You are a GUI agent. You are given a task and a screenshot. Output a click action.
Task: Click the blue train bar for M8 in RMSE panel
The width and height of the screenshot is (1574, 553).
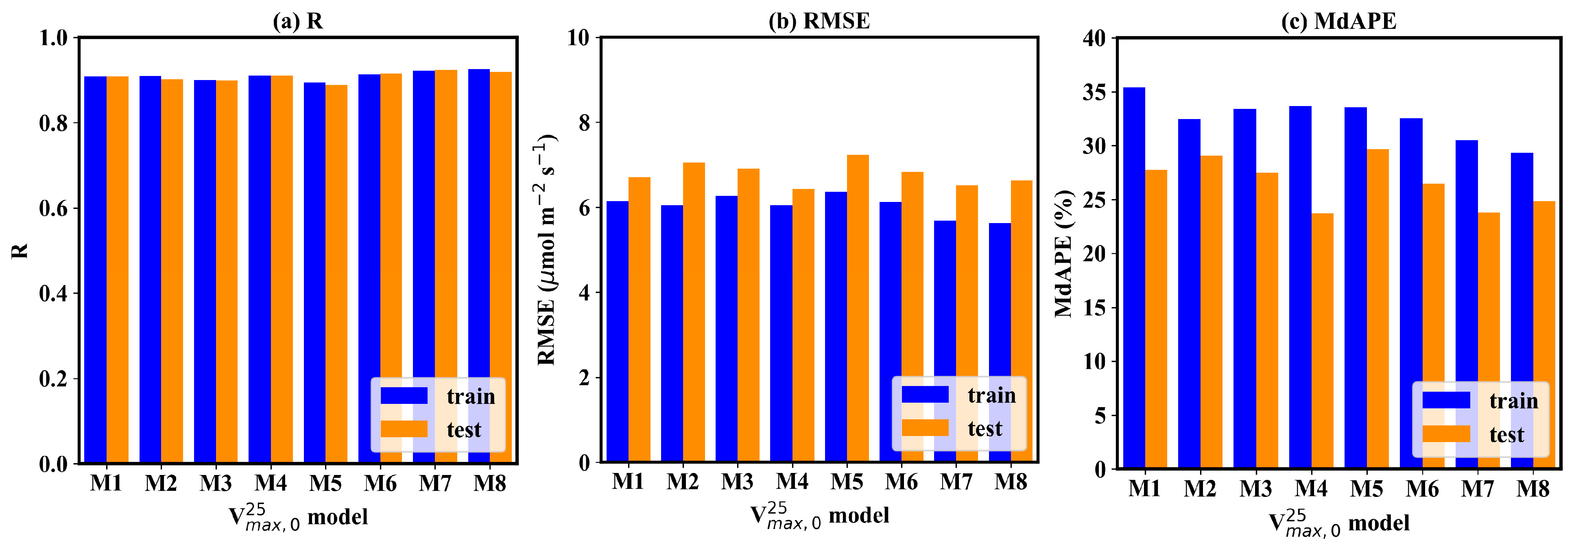tap(1000, 342)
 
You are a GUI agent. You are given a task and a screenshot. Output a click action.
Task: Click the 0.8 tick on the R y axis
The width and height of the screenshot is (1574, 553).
tap(53, 123)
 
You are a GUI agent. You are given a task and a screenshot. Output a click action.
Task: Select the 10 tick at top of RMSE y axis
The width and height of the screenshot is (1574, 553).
tap(578, 38)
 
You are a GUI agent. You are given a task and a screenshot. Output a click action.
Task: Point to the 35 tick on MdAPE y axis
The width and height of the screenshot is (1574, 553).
tap(1094, 92)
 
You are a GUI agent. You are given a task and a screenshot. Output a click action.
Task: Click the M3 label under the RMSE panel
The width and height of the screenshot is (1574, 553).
tap(737, 481)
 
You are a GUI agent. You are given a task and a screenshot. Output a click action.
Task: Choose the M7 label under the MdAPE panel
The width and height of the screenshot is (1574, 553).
tap(1478, 488)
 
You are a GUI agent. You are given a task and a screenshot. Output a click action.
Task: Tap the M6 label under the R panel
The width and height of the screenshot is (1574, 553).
tap(380, 484)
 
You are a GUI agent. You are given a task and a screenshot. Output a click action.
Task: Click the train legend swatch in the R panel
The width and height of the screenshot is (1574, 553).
tap(404, 395)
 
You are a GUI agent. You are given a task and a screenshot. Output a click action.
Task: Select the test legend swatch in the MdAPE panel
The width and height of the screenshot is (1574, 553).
tap(1446, 434)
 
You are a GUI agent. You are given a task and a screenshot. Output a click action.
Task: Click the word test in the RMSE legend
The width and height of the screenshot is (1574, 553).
tap(985, 429)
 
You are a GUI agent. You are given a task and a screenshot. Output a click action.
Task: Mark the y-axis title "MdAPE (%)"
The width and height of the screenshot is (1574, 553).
tap(1064, 253)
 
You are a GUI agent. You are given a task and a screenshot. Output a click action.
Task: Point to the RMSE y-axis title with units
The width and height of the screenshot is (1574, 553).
tap(546, 250)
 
